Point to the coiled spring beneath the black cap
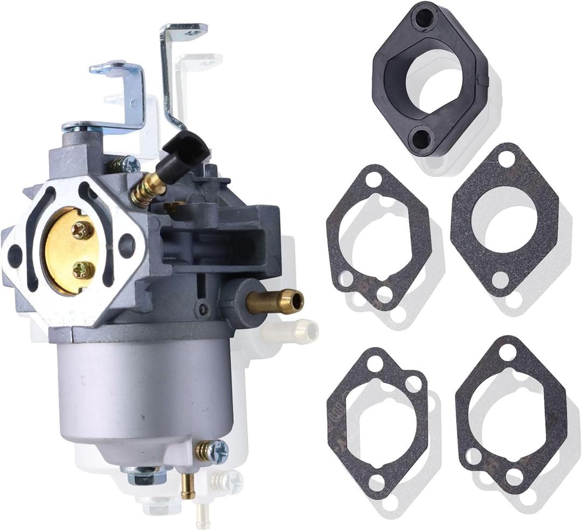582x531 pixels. pyautogui.click(x=146, y=186)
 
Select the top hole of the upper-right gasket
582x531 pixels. pyautogui.click(x=507, y=158)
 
